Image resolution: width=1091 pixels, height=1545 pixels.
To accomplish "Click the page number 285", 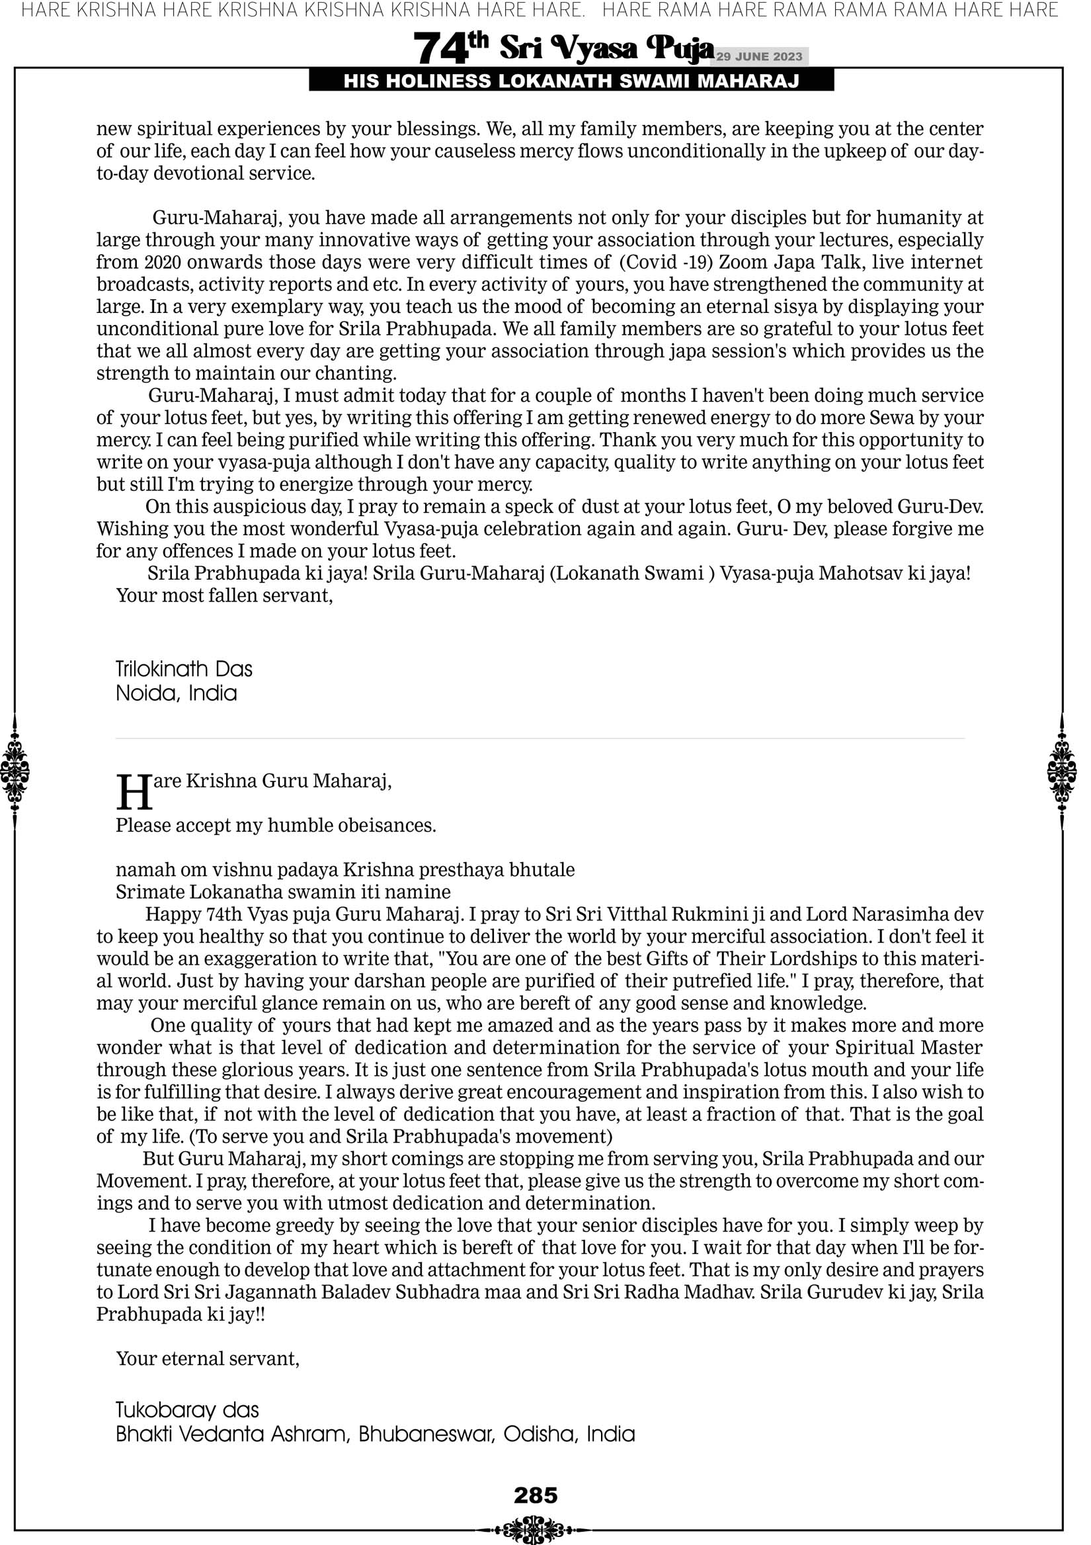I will [536, 1495].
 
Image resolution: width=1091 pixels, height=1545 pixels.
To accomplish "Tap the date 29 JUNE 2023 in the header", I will [758, 56].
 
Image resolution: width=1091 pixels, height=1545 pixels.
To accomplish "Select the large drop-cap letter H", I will [134, 793].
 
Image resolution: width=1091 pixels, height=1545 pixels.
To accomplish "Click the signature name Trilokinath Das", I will [184, 669].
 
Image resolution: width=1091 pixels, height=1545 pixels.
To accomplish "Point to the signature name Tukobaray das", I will [187, 1410].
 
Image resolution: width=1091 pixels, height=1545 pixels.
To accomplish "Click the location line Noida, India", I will [177, 693].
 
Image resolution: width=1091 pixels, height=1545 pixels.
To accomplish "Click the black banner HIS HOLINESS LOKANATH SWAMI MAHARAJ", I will [571, 81].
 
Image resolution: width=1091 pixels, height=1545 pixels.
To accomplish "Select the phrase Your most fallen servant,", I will [224, 596].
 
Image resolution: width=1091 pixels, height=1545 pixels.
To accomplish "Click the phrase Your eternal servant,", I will [207, 1358].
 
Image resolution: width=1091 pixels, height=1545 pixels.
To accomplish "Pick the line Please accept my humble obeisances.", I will [276, 825].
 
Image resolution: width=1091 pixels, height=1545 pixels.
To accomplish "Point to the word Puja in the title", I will [679, 48].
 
